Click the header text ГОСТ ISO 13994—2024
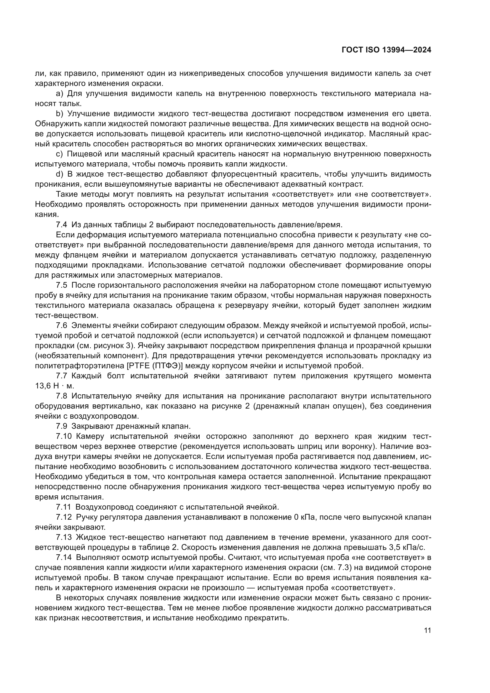(x=386, y=50)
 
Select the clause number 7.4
(x=62, y=225)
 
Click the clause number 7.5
(x=62, y=285)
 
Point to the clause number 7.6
(x=62, y=325)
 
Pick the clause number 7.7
(x=62, y=376)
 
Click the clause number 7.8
(x=62, y=396)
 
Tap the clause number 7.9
(x=62, y=426)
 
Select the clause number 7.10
(x=64, y=436)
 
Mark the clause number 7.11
(x=63, y=507)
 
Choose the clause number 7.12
(x=64, y=517)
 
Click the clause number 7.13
(x=64, y=537)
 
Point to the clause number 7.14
(x=64, y=557)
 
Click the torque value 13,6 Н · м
(x=55, y=386)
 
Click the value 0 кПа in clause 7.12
(x=305, y=517)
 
